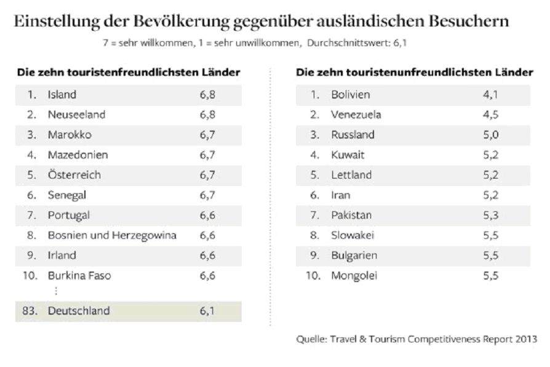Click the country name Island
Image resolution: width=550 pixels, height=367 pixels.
pyautogui.click(x=62, y=95)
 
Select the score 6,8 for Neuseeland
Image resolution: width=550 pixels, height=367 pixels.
pyautogui.click(x=207, y=115)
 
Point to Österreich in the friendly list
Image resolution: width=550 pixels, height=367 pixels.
pyautogui.click(x=74, y=175)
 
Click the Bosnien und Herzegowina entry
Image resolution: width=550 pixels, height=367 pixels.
pyautogui.click(x=112, y=235)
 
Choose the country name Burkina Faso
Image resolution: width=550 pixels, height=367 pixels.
pyautogui.click(x=79, y=275)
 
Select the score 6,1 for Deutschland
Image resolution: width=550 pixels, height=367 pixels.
pyautogui.click(x=207, y=311)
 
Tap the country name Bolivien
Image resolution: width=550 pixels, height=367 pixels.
pyautogui.click(x=351, y=95)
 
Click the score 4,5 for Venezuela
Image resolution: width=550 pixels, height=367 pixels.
pyautogui.click(x=491, y=115)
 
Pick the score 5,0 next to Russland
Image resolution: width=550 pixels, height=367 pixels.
pyautogui.click(x=491, y=135)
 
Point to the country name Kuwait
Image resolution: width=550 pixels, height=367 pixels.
pyautogui.click(x=348, y=155)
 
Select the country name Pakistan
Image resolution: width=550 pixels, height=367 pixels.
pyautogui.click(x=351, y=215)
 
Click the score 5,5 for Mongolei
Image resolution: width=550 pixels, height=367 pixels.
pyautogui.click(x=491, y=275)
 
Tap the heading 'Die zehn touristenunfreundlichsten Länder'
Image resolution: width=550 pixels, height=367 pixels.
pyautogui.click(x=414, y=72)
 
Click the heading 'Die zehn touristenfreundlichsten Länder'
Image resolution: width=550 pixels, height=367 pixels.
pyautogui.click(x=129, y=72)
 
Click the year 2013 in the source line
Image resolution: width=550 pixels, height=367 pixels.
pyautogui.click(x=525, y=339)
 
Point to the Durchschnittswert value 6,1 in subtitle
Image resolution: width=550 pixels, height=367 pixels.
pyautogui.click(x=399, y=44)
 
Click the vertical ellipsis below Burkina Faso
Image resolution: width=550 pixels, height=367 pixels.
pyautogui.click(x=56, y=291)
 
